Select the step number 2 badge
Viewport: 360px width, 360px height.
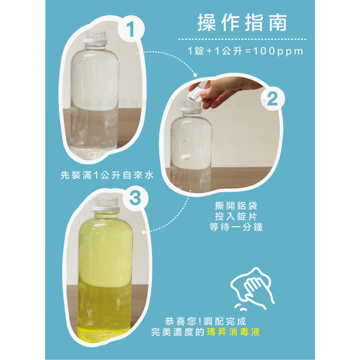pyautogui.click(x=273, y=100)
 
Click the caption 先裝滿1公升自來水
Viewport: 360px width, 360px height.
pyautogui.click(x=107, y=176)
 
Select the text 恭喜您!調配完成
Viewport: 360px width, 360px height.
pyautogui.click(x=206, y=321)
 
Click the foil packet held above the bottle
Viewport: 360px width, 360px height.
pyautogui.click(x=197, y=93)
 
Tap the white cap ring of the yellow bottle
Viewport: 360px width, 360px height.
pyautogui.click(x=106, y=208)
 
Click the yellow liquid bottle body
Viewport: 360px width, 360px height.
pyautogui.click(x=105, y=274)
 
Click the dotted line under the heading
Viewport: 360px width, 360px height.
pyautogui.click(x=242, y=39)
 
